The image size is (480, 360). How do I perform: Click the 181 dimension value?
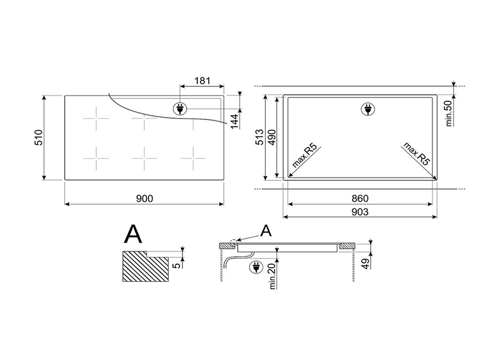click(x=202, y=80)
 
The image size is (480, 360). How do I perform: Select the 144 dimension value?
click(x=235, y=122)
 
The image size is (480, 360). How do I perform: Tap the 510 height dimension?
click(x=39, y=137)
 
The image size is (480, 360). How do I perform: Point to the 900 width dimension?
click(x=145, y=199)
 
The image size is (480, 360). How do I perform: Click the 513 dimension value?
click(x=259, y=137)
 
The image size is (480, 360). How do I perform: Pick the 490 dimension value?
click(x=272, y=137)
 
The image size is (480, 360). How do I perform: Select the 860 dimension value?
click(x=360, y=199)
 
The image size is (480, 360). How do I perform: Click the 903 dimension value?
click(x=360, y=212)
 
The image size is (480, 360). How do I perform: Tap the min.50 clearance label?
click(x=449, y=113)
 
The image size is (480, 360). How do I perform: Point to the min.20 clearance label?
click(x=272, y=277)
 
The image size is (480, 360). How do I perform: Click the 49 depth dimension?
click(x=365, y=263)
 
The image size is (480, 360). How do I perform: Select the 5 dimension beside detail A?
click(x=176, y=265)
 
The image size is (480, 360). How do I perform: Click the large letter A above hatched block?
click(x=133, y=234)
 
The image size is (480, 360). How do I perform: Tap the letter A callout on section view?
click(x=266, y=231)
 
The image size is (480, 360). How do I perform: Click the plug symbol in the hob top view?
click(x=179, y=109)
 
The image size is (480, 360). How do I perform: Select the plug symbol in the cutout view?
click(x=368, y=109)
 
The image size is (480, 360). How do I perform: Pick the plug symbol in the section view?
click(x=256, y=267)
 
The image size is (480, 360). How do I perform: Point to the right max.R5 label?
click(x=417, y=154)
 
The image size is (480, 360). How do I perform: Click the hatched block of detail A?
click(x=145, y=266)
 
